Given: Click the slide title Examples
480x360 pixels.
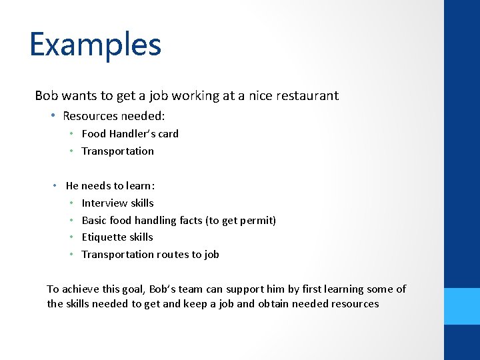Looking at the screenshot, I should [95, 45].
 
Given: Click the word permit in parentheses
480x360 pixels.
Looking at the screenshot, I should [259, 220].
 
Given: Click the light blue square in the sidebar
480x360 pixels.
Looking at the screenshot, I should [462, 306].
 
